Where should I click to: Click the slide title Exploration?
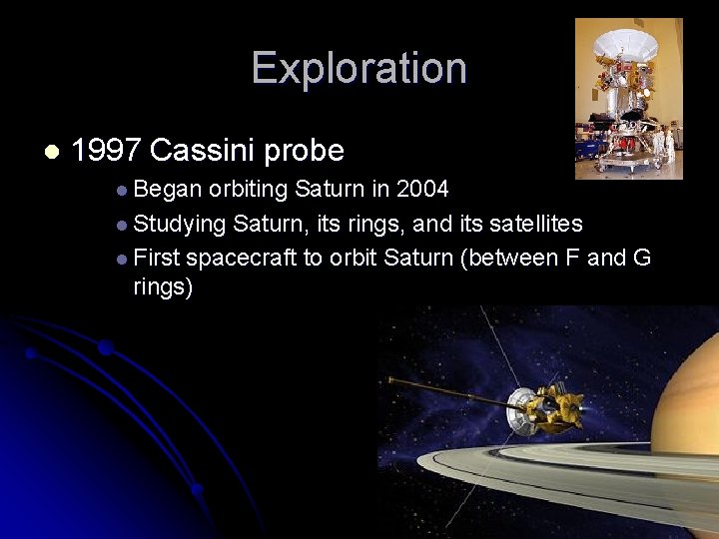coord(359,68)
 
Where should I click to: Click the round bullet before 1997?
coord(52,152)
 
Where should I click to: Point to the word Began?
coord(167,189)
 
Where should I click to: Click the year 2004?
coord(422,189)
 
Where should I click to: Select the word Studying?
coord(179,224)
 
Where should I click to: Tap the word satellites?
coord(535,223)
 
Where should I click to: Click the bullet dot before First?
coord(121,259)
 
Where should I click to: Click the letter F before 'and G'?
coord(573,258)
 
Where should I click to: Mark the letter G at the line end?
coord(641,258)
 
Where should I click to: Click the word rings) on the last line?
coord(163,287)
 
